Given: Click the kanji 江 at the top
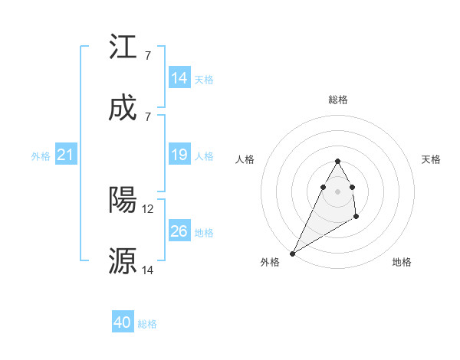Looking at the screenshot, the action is (123, 47).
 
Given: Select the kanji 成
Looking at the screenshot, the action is (123, 110).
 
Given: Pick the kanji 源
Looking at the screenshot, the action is (123, 261).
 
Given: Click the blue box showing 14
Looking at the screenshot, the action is (179, 78).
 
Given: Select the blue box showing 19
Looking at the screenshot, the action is (179, 155).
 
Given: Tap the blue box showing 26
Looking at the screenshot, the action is (179, 232).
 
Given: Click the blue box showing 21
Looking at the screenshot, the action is (66, 155).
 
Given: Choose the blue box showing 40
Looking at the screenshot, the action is (123, 323).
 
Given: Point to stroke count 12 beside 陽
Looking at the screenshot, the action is (149, 208).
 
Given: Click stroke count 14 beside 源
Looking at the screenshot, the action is (149, 270).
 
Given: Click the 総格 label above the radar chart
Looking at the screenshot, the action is (337, 100).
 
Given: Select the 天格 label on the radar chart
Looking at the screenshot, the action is (432, 159).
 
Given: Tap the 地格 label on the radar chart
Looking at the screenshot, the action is (402, 262).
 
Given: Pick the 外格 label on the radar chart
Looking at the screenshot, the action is (270, 262).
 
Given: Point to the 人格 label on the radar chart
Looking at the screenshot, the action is (245, 159).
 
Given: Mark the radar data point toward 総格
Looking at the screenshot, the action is (337, 161).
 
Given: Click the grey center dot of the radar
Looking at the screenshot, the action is (337, 191).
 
